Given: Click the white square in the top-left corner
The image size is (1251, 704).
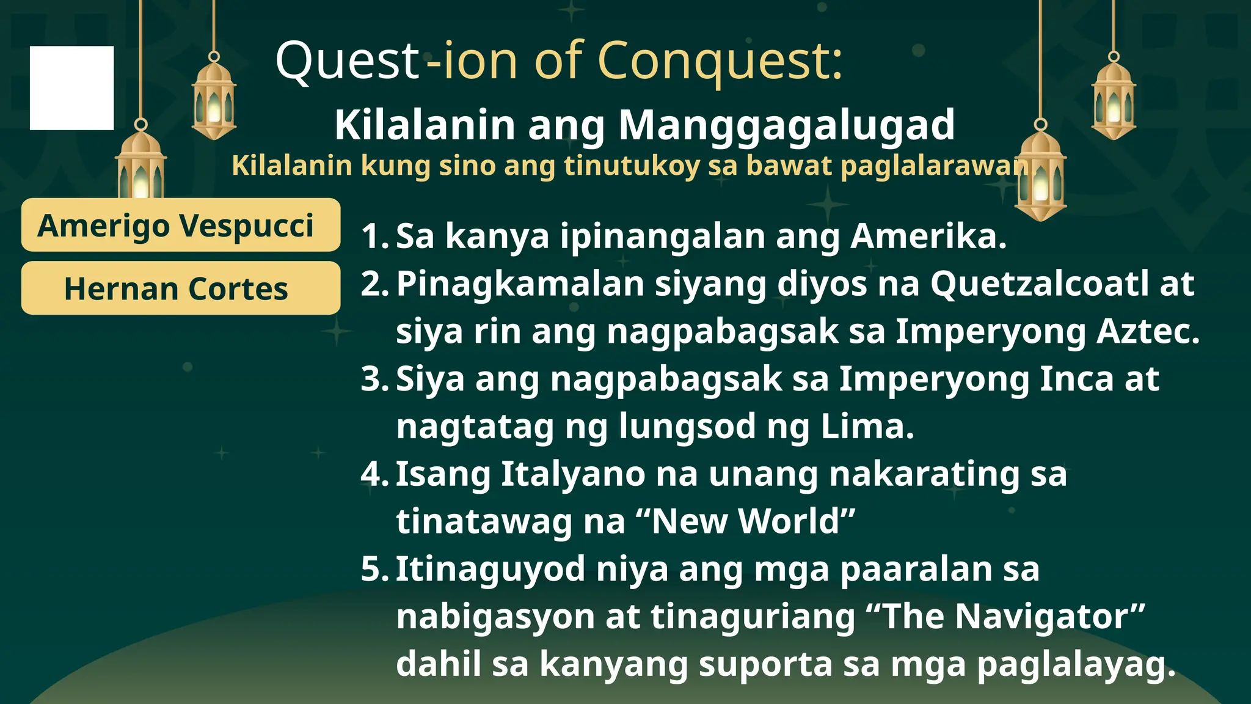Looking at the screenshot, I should pos(71,88).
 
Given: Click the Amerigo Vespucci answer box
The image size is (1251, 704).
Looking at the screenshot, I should pos(180,225).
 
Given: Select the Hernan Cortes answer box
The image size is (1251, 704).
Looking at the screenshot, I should pos(180,288).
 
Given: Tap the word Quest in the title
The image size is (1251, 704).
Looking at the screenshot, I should pos(346,61).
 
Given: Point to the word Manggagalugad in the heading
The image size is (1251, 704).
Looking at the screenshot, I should pos(787,125).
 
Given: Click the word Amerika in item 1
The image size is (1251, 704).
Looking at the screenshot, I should pos(927,236).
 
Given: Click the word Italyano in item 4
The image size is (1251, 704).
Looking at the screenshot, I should pos(572,474).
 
